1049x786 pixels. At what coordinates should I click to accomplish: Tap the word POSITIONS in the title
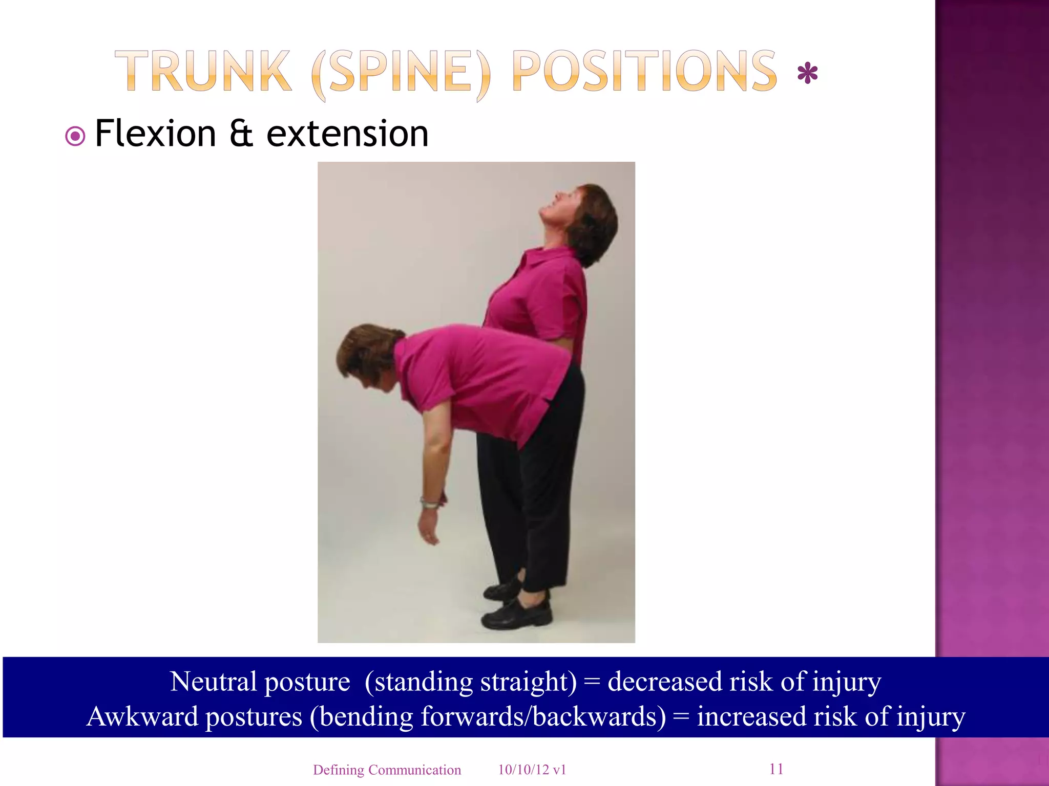click(644, 72)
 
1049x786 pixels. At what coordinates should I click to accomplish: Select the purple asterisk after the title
click(807, 74)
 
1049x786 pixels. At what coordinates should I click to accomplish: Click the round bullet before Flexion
click(75, 137)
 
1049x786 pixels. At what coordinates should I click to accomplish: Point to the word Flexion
click(156, 134)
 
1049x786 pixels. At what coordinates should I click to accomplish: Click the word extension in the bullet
click(347, 134)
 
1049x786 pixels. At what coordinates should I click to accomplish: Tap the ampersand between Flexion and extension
click(241, 134)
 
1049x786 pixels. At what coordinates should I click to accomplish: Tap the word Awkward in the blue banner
click(142, 716)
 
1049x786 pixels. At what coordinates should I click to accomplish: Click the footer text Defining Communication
click(387, 770)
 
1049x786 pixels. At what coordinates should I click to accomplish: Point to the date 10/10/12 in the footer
click(523, 770)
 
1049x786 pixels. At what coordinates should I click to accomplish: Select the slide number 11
click(776, 769)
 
